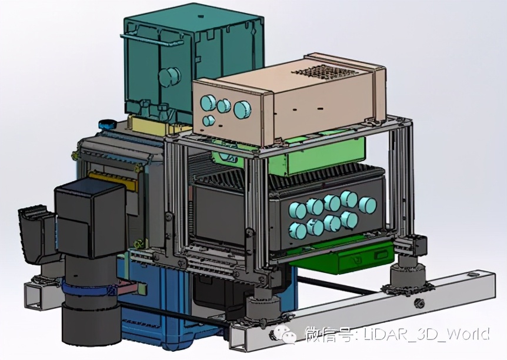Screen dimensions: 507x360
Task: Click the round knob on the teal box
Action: click(x=169, y=76)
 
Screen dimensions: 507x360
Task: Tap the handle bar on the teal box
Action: click(x=152, y=38)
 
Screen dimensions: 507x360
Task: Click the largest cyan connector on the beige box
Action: click(x=242, y=109)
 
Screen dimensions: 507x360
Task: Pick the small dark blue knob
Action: click(x=108, y=124)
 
